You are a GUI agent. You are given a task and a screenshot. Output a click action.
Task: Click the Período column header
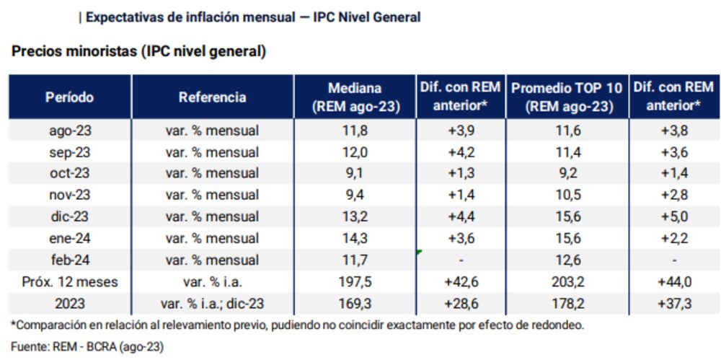click(69, 97)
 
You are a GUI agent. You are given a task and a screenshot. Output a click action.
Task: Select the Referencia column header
click(213, 97)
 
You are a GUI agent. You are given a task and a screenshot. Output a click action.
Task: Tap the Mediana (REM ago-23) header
click(355, 97)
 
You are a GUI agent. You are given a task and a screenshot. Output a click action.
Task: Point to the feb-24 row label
click(69, 259)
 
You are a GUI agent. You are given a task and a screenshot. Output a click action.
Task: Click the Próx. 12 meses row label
click(69, 281)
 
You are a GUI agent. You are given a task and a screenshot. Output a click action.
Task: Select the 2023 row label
click(69, 303)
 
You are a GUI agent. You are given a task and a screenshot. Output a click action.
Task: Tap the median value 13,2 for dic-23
click(355, 216)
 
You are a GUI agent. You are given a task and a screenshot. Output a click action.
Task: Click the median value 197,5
click(355, 281)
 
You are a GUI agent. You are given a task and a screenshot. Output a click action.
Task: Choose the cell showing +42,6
click(461, 281)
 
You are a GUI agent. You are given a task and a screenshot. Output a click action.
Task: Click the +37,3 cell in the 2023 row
click(675, 303)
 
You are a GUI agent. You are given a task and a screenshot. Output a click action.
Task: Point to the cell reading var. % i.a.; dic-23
click(213, 303)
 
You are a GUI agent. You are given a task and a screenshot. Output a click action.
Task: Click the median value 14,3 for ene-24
click(355, 238)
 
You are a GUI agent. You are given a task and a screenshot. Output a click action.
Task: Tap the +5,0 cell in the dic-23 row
click(675, 216)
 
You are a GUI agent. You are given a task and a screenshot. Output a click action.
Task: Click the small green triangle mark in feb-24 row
click(419, 252)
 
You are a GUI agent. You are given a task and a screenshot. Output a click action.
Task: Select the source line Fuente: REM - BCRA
click(87, 347)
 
